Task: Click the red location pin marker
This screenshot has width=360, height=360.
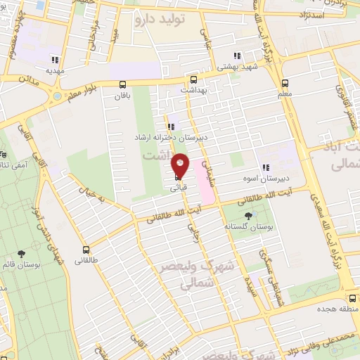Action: (180, 165)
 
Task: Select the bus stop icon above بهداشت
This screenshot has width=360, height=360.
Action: (193, 79)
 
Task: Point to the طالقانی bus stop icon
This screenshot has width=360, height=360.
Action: (86, 250)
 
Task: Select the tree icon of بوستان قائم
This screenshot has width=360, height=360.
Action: (23, 254)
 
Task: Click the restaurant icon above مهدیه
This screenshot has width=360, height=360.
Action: (55, 59)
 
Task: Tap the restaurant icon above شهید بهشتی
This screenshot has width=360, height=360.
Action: (238, 56)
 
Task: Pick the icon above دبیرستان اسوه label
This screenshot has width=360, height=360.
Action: (266, 167)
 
